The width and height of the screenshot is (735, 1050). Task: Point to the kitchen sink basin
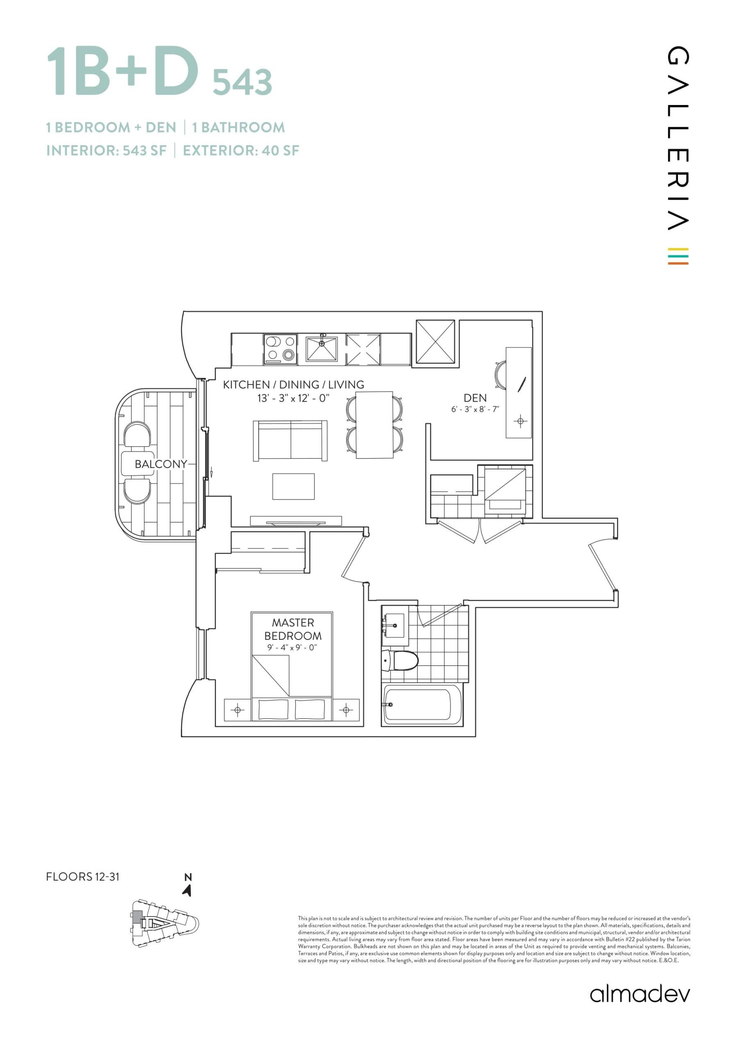click(322, 349)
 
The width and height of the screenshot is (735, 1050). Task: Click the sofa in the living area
click(290, 441)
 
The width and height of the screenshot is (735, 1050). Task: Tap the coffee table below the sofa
click(293, 486)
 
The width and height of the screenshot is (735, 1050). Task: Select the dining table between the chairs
click(374, 425)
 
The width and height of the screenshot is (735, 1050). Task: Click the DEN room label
click(475, 398)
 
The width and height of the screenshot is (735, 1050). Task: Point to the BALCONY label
click(160, 464)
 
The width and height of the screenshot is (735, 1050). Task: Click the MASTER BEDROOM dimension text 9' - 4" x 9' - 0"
click(292, 648)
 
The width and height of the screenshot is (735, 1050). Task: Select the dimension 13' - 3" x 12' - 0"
click(293, 398)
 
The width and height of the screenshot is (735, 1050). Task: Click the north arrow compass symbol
click(187, 890)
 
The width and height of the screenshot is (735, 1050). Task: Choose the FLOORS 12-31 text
click(83, 876)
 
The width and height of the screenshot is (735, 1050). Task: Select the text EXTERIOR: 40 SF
click(241, 151)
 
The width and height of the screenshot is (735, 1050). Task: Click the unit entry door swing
click(603, 565)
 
